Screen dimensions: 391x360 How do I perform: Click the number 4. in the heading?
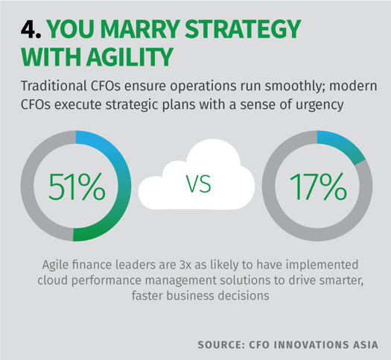pos(31,29)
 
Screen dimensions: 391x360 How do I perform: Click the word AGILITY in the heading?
pos(130,57)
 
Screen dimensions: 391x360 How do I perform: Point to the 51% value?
pos(77,186)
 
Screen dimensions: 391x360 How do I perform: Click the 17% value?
pos(318,186)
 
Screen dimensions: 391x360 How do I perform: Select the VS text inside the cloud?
pos(199,183)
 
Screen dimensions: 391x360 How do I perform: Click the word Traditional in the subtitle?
pos(53,86)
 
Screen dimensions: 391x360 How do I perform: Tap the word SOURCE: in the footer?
pos(220,345)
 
